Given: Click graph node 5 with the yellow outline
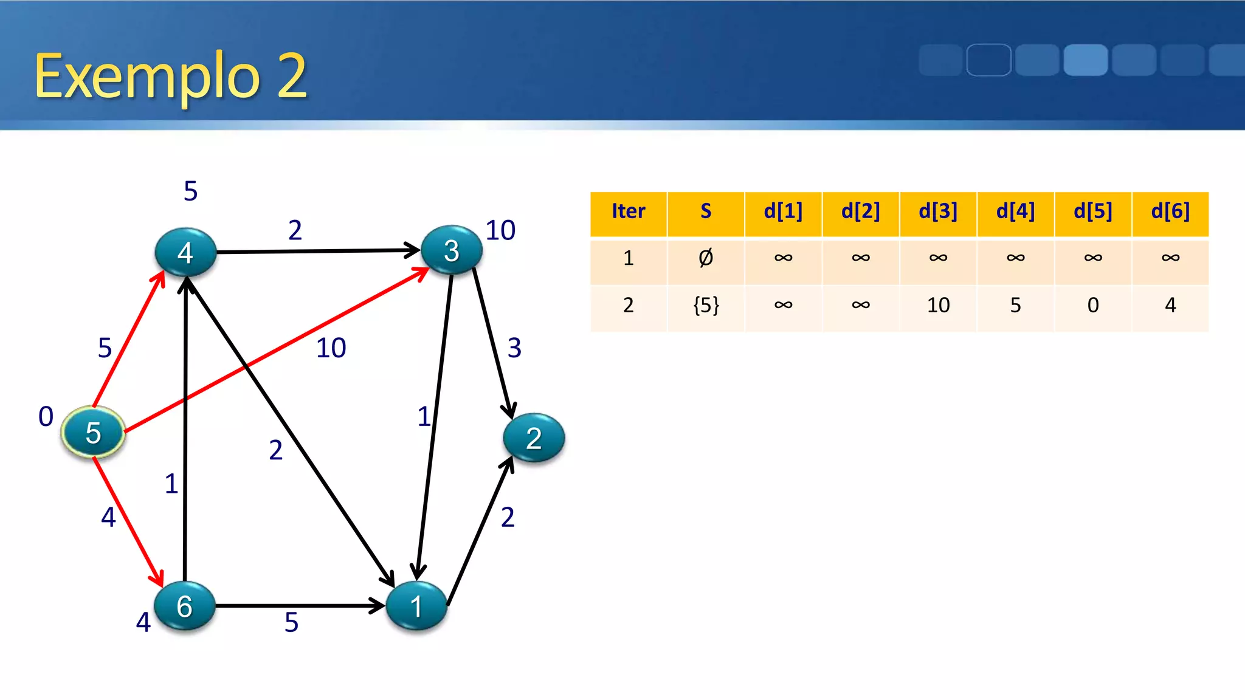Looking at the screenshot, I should pos(93,432).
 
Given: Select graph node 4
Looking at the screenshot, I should pos(185,252).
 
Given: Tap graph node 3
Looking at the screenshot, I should pos(451,250).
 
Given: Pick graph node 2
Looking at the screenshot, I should pos(534,438).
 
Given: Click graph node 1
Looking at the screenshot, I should pos(416,606).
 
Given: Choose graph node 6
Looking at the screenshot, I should pos(185,606).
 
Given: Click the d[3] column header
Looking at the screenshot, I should pos(938,211).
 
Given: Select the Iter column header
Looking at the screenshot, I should pos(628,211).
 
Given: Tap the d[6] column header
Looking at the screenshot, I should pos(1170,211).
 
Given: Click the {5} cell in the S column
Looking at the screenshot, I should pos(706,305).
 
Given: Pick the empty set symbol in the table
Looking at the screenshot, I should pos(706,258).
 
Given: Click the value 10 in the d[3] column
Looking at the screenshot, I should pos(938,305).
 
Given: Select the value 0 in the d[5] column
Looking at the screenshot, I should pos(1093,305).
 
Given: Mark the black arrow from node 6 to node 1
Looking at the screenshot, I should pos(298,606).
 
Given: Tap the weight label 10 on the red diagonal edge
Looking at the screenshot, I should pos(331,348).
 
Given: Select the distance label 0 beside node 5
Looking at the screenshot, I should pos(46,417).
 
